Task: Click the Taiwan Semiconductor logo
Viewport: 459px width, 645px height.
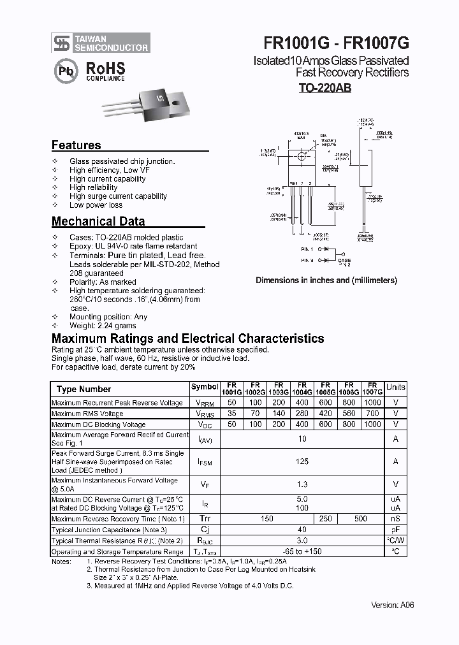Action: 101,43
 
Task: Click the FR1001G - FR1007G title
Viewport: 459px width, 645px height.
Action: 336,43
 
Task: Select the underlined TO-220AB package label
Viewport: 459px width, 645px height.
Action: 324,89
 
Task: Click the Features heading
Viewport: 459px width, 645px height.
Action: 76,145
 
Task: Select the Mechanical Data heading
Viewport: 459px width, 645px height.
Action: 98,222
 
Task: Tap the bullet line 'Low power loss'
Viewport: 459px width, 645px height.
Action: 96,205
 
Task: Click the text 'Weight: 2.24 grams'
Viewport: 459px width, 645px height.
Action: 103,326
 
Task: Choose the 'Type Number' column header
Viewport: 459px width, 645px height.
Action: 84,389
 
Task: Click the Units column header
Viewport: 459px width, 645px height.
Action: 396,387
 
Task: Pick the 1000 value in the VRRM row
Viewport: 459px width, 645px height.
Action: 372,403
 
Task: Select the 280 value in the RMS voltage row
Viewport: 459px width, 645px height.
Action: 302,414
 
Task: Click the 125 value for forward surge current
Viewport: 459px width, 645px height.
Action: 302,461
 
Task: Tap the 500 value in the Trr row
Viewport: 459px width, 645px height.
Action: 361,519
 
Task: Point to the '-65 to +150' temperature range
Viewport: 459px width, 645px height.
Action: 302,551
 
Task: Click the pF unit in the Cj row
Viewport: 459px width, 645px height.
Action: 396,530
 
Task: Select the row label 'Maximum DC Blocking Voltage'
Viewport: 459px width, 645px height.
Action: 98,424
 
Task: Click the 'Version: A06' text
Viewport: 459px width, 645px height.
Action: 393,605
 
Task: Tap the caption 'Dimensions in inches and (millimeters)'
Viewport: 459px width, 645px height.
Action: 326,280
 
